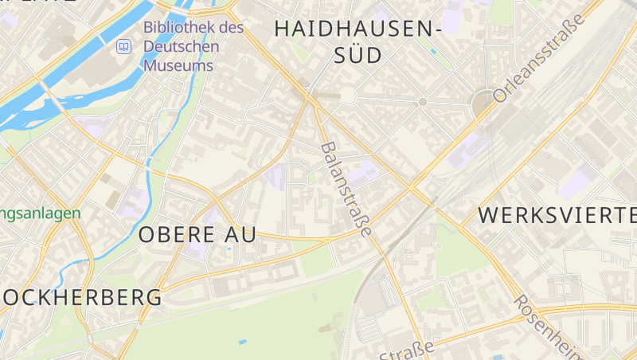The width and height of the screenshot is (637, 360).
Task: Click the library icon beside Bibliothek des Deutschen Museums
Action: pos(123,47)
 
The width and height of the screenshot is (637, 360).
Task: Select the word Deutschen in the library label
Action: pos(181,47)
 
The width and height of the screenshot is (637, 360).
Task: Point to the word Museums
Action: pos(178,65)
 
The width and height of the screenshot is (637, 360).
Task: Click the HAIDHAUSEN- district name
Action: pos(358,29)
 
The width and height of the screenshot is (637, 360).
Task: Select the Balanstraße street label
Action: pos(346,190)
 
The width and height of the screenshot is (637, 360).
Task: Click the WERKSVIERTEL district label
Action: pos(557,215)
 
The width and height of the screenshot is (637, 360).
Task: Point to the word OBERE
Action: pos(176,235)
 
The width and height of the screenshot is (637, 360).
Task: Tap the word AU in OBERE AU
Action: pos(240,235)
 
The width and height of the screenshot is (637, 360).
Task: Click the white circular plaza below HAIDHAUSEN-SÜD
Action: pos(347,96)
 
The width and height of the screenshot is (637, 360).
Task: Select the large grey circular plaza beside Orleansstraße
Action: pos(483,104)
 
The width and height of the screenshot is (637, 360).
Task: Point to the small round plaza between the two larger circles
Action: pos(423,102)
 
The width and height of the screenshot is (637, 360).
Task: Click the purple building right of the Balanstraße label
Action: pos(363,173)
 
